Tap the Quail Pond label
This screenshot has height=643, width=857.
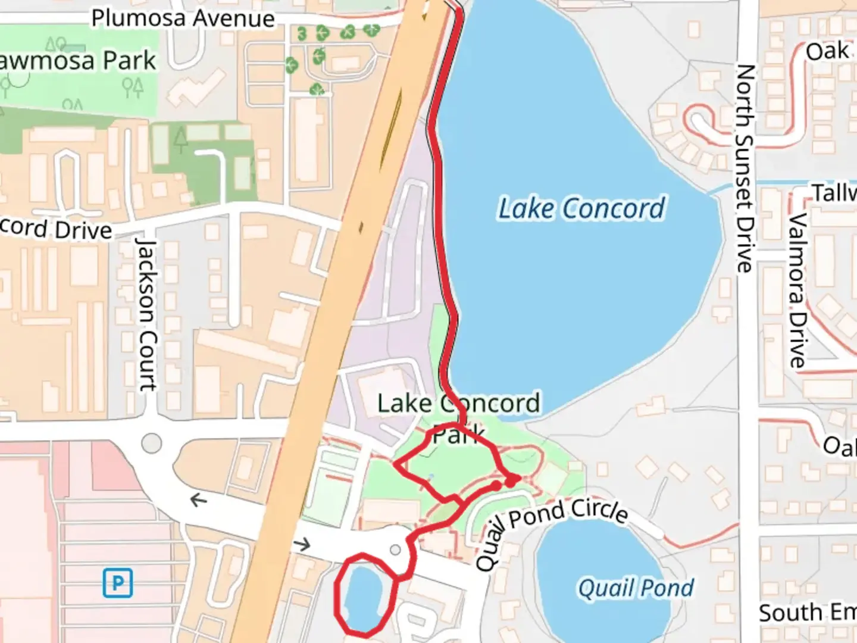point(636,588)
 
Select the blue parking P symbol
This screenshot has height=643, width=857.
point(117,583)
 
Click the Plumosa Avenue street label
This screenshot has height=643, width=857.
point(183,18)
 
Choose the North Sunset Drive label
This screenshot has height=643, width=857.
point(745,168)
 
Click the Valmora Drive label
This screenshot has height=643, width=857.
point(797,290)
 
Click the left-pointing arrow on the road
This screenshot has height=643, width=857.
point(198,500)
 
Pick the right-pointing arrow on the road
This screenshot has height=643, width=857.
point(302,544)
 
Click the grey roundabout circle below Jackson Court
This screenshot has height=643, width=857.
point(151,443)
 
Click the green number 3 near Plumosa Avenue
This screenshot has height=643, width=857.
point(302,34)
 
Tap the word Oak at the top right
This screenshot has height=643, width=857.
point(827,51)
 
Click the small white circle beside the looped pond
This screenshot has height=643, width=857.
point(395,550)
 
